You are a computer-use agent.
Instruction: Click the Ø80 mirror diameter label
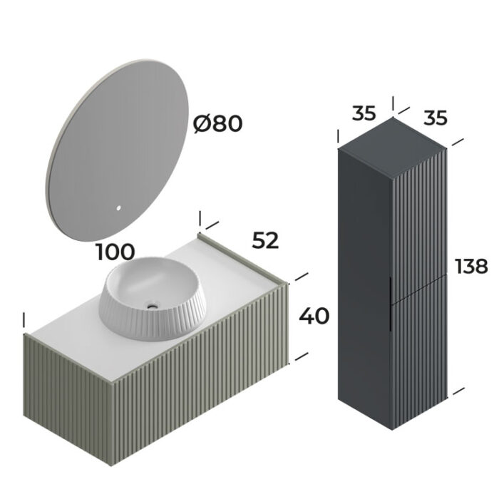(218, 124)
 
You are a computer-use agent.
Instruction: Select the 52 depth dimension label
(265, 241)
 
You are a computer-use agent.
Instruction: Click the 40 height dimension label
(314, 315)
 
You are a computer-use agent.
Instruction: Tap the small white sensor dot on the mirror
(119, 210)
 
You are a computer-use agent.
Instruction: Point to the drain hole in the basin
(152, 307)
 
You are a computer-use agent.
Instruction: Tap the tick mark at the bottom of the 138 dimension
(458, 391)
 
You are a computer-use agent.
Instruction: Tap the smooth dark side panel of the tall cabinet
(364, 285)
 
